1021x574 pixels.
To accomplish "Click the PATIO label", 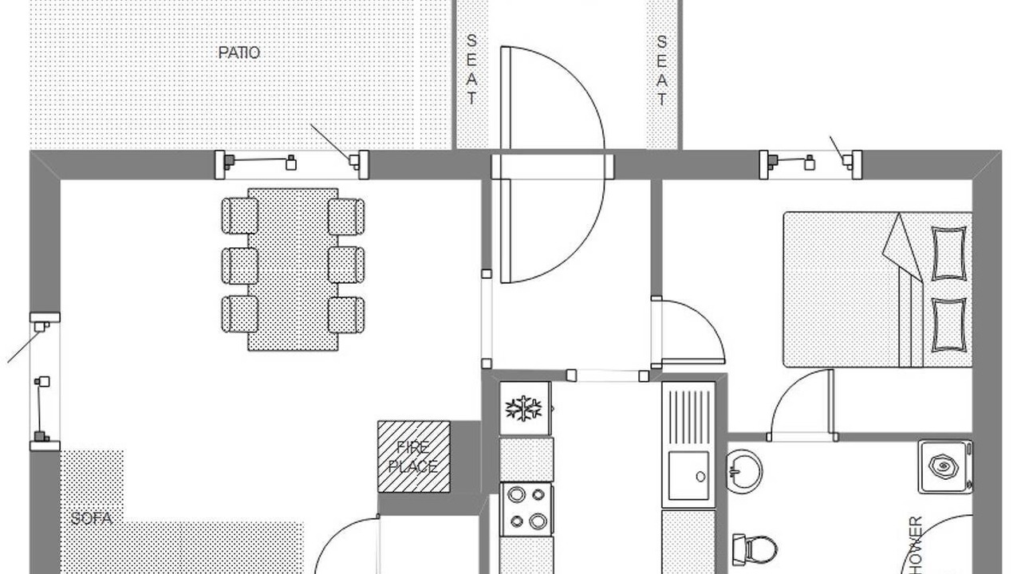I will point(238,53).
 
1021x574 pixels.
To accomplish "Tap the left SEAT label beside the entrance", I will point(471,70).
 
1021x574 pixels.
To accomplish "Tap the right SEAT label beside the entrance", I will point(661,70).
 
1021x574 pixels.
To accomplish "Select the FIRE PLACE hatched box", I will point(413,457).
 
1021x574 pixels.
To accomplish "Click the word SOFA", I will point(91,519).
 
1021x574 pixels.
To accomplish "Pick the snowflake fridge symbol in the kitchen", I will point(524,408).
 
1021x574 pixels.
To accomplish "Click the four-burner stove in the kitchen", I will point(526,509).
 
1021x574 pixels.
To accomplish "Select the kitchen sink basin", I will point(688,476).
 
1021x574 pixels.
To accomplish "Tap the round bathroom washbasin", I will point(744,470).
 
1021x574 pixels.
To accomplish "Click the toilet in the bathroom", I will point(756,549).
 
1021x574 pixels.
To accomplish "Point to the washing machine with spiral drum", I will point(945,466).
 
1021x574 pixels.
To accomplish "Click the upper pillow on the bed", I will point(948,254).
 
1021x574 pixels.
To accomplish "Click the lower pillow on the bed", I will point(948,324).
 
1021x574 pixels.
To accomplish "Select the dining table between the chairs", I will point(293,269).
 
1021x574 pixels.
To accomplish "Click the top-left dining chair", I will point(239,216).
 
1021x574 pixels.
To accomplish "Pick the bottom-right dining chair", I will point(346,314).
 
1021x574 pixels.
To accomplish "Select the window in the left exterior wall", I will point(44,381).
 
